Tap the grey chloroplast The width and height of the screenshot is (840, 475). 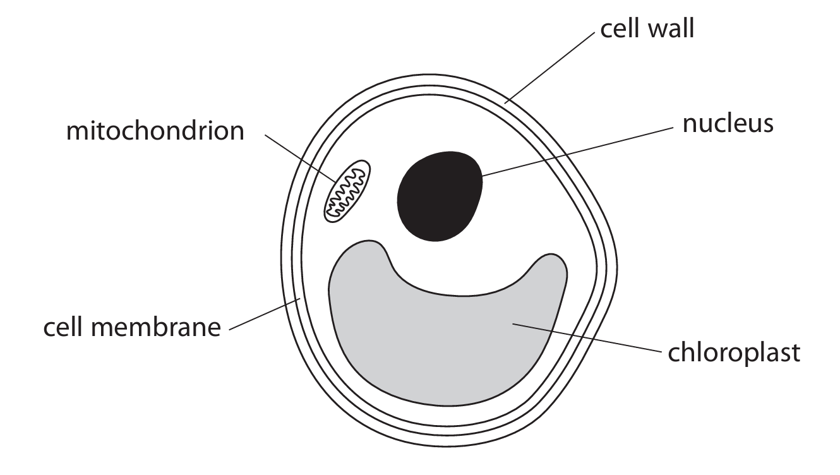coord(442,341)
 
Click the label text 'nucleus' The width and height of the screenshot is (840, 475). coord(728,123)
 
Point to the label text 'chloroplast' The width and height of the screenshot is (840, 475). coord(734,352)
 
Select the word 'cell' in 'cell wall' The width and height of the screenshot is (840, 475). coord(616,29)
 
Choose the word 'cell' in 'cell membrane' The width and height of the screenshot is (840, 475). coord(63,328)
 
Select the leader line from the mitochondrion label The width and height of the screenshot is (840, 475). coord(297,159)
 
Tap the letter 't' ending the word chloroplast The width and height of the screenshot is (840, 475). coord(795,352)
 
